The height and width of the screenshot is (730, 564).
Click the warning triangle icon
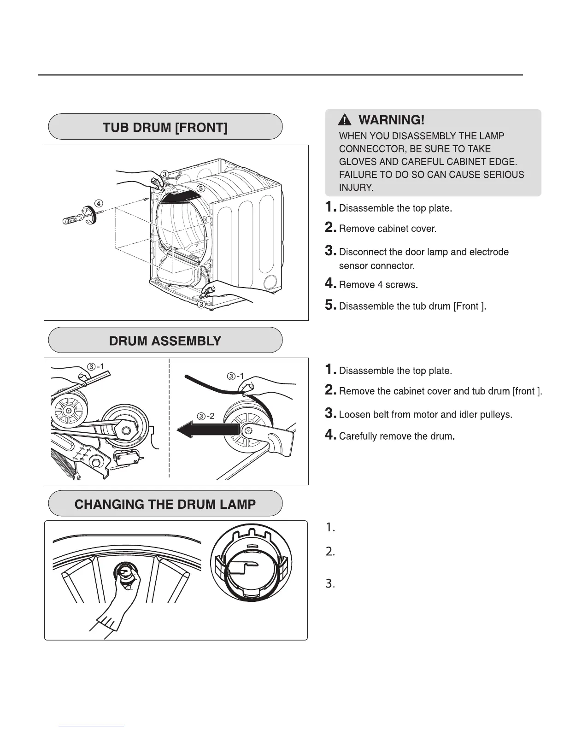(x=344, y=121)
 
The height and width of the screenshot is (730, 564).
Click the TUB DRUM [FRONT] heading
(x=165, y=127)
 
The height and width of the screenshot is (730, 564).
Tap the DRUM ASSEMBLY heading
(x=165, y=341)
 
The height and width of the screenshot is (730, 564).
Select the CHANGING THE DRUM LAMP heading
(x=165, y=504)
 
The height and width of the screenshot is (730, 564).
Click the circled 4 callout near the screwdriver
(x=99, y=203)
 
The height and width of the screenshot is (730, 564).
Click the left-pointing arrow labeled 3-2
(x=207, y=430)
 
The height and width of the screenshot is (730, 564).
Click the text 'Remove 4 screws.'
(x=378, y=285)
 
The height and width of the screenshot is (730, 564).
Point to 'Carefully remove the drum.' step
(x=397, y=436)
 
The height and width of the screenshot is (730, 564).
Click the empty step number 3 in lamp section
(x=330, y=584)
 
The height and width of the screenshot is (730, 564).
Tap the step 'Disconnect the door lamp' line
(x=423, y=252)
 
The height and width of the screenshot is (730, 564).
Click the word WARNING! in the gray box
(x=391, y=120)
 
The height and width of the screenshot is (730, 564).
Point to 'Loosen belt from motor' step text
(x=425, y=415)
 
